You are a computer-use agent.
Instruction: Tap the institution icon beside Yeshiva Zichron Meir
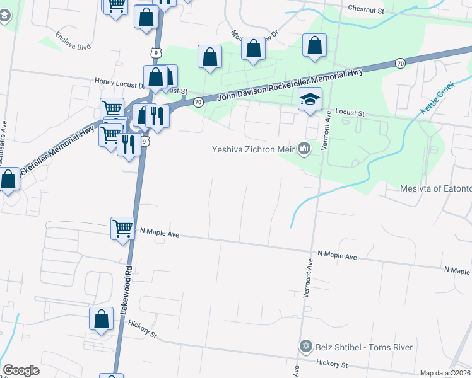click(x=305, y=149)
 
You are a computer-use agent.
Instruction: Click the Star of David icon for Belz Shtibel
click(x=305, y=347)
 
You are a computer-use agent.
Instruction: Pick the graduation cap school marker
click(x=310, y=99)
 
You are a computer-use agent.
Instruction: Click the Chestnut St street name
click(x=366, y=10)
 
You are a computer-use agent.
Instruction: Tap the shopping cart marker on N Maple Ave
click(x=122, y=228)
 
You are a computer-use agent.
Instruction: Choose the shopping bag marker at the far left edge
click(x=8, y=180)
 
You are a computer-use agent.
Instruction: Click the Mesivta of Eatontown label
click(x=436, y=189)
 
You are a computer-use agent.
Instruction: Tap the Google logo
click(x=21, y=370)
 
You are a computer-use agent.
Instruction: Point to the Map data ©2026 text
click(x=445, y=373)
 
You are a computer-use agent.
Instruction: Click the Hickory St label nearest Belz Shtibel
click(x=333, y=365)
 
